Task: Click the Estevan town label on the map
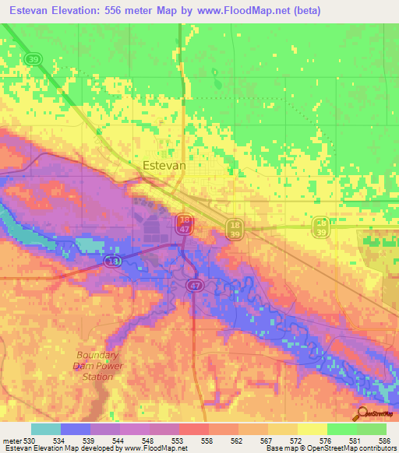164,165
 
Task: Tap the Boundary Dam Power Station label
93,365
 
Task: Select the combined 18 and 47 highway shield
184,223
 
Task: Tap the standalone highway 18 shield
114,262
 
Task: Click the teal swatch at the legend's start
46,429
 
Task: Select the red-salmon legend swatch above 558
193,429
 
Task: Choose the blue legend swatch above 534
76,429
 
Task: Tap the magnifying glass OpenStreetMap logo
362,413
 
